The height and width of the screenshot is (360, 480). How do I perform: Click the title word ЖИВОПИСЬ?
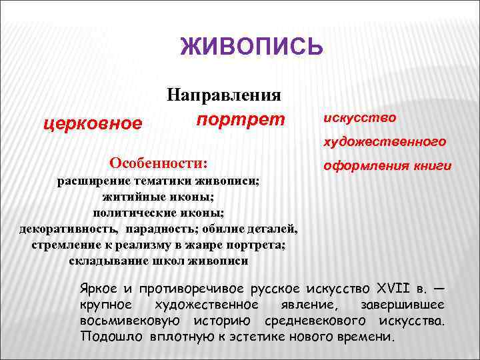tap(252, 47)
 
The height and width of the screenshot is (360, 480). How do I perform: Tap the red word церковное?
tap(93, 123)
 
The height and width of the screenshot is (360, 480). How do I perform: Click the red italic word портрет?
tap(241, 119)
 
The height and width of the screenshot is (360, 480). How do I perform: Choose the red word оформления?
tap(363, 165)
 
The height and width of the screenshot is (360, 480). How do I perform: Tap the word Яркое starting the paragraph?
tap(98, 290)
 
